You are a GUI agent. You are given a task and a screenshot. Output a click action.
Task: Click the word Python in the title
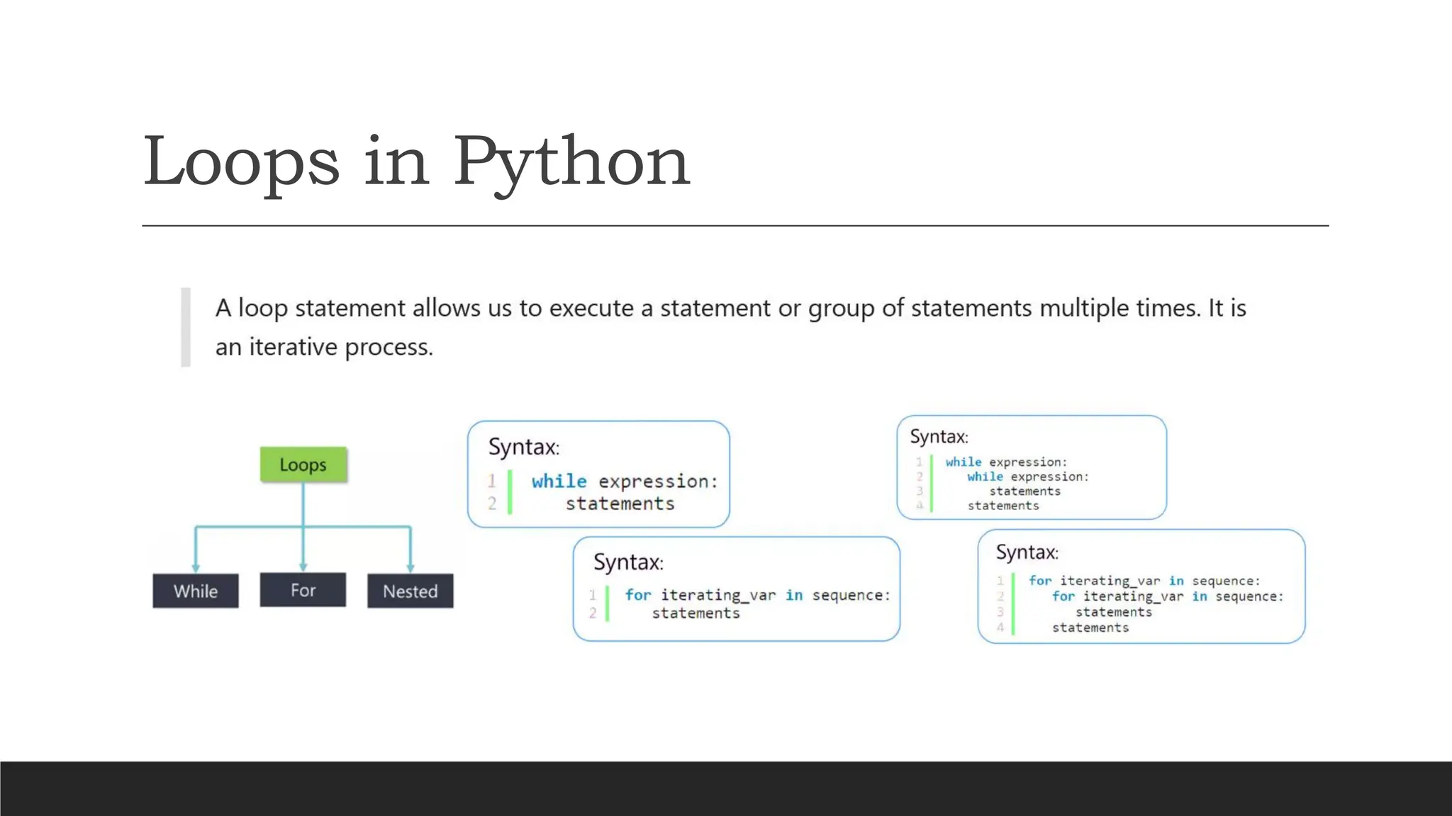point(571,163)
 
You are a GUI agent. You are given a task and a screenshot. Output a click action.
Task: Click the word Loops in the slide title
point(241,163)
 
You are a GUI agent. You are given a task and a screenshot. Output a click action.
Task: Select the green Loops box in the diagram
point(303,465)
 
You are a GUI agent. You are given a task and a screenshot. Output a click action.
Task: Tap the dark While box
point(196,591)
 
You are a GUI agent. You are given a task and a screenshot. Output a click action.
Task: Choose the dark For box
point(303,590)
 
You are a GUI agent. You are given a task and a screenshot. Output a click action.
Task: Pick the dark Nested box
point(410,591)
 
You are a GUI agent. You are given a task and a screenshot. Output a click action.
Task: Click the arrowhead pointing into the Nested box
point(410,568)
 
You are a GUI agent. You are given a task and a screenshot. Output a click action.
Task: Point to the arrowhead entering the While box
point(196,568)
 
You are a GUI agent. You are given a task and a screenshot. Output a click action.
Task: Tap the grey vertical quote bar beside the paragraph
point(186,327)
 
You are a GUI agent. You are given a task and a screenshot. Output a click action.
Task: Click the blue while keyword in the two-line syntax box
point(559,481)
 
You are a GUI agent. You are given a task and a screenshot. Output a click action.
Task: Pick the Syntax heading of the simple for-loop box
point(628,562)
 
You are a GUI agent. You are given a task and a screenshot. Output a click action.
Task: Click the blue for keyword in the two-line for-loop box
point(637,595)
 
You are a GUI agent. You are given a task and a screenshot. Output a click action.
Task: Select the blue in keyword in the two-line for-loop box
point(794,595)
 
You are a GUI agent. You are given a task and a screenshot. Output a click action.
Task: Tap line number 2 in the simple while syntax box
point(492,504)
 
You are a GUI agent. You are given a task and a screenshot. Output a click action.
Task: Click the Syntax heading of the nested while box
point(939,436)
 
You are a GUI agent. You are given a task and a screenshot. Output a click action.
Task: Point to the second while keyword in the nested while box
point(985,477)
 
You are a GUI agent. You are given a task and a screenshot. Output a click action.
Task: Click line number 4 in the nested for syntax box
point(1000,628)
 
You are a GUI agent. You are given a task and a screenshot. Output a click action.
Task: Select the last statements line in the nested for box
point(1090,628)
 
